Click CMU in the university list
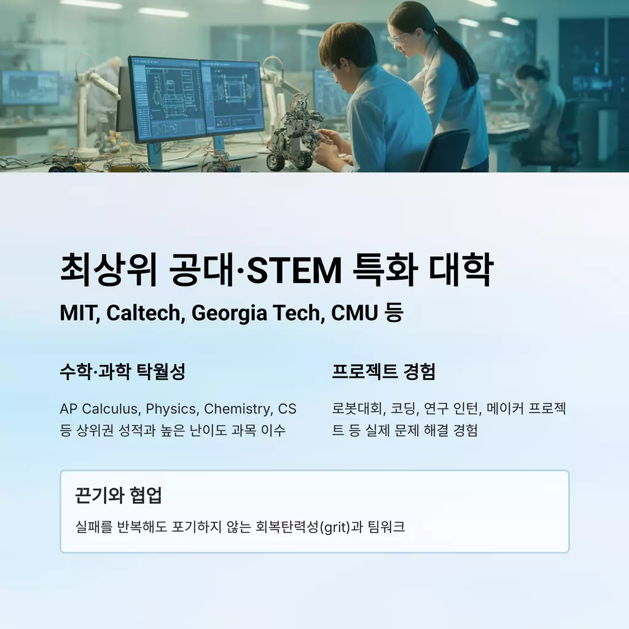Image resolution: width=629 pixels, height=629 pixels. point(354,313)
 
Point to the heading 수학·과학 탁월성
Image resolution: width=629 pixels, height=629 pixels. point(122,372)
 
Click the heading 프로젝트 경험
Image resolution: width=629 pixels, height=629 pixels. point(383,372)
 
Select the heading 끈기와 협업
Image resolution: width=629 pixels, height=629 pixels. point(119,495)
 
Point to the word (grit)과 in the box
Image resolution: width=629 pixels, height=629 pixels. point(342,526)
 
